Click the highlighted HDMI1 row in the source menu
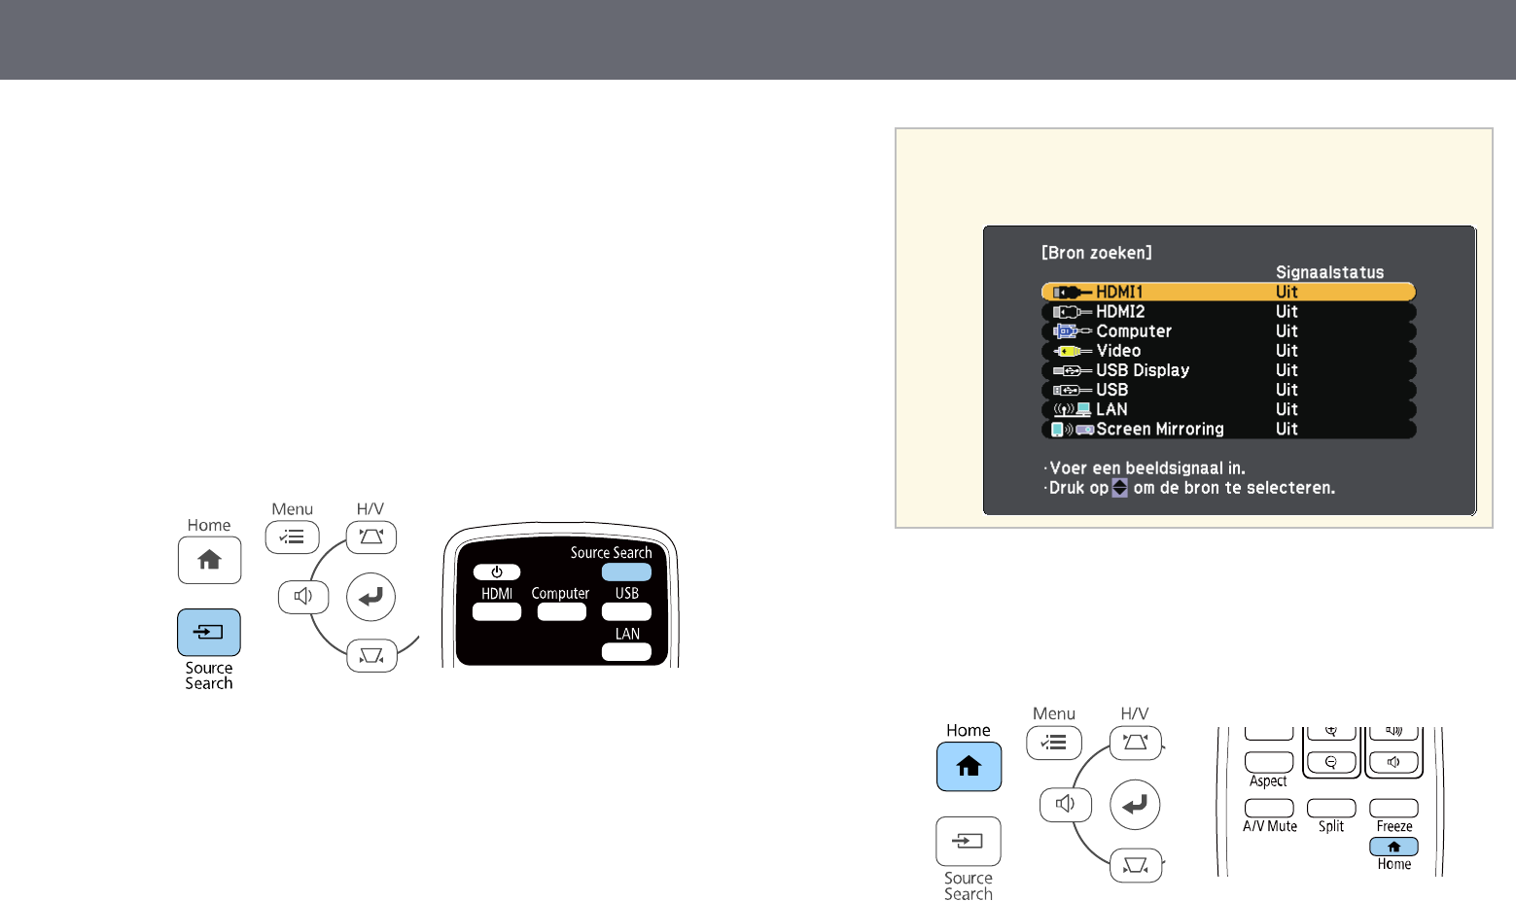click(x=1227, y=292)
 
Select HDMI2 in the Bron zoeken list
click(x=1227, y=312)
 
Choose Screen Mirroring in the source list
click(x=1227, y=430)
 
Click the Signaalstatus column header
click(x=1328, y=272)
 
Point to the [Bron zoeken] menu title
click(x=1096, y=253)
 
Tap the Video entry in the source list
click(x=1227, y=351)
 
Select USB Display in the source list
click(x=1227, y=370)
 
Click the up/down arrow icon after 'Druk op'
click(x=1119, y=488)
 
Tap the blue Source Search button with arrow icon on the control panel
click(x=209, y=633)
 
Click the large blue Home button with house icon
click(x=969, y=767)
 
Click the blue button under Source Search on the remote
click(x=626, y=572)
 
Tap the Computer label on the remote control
click(x=560, y=593)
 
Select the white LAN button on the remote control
click(x=626, y=652)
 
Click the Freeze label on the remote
click(x=1393, y=826)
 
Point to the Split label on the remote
click(x=1330, y=826)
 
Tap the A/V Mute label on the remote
click(x=1269, y=826)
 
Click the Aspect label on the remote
click(x=1268, y=781)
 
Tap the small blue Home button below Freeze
click(x=1393, y=847)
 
